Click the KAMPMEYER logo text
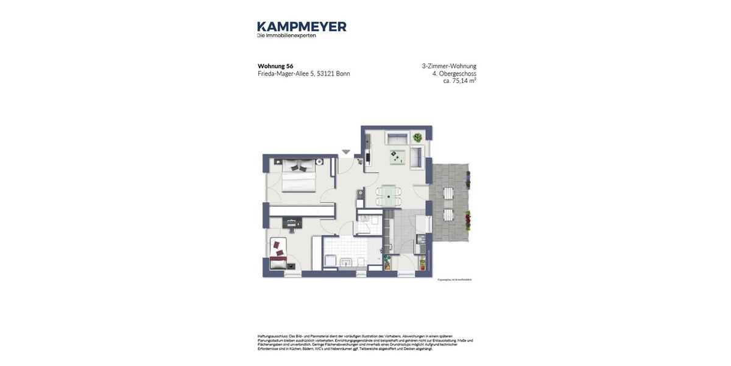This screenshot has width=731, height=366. [x=302, y=26]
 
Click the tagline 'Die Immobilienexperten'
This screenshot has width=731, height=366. [x=286, y=35]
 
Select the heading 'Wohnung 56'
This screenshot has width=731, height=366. [x=275, y=66]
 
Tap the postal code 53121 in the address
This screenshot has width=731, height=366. [x=325, y=74]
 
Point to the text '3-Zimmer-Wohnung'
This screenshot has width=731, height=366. [x=449, y=66]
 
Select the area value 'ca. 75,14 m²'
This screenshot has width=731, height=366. [x=459, y=81]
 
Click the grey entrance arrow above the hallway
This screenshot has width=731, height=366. [x=346, y=152]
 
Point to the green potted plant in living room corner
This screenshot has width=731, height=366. [x=417, y=138]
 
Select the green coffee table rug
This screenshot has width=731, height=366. [x=397, y=157]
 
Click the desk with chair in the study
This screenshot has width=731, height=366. [x=292, y=223]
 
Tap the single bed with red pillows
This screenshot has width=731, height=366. [x=278, y=255]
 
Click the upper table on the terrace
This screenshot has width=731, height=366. [x=449, y=193]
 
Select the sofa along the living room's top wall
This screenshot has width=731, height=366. [x=397, y=139]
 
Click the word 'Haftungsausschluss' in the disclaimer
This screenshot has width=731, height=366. [x=272, y=336]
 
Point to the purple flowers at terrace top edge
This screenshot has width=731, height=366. [x=468, y=180]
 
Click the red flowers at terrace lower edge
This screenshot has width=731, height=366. [x=468, y=220]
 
